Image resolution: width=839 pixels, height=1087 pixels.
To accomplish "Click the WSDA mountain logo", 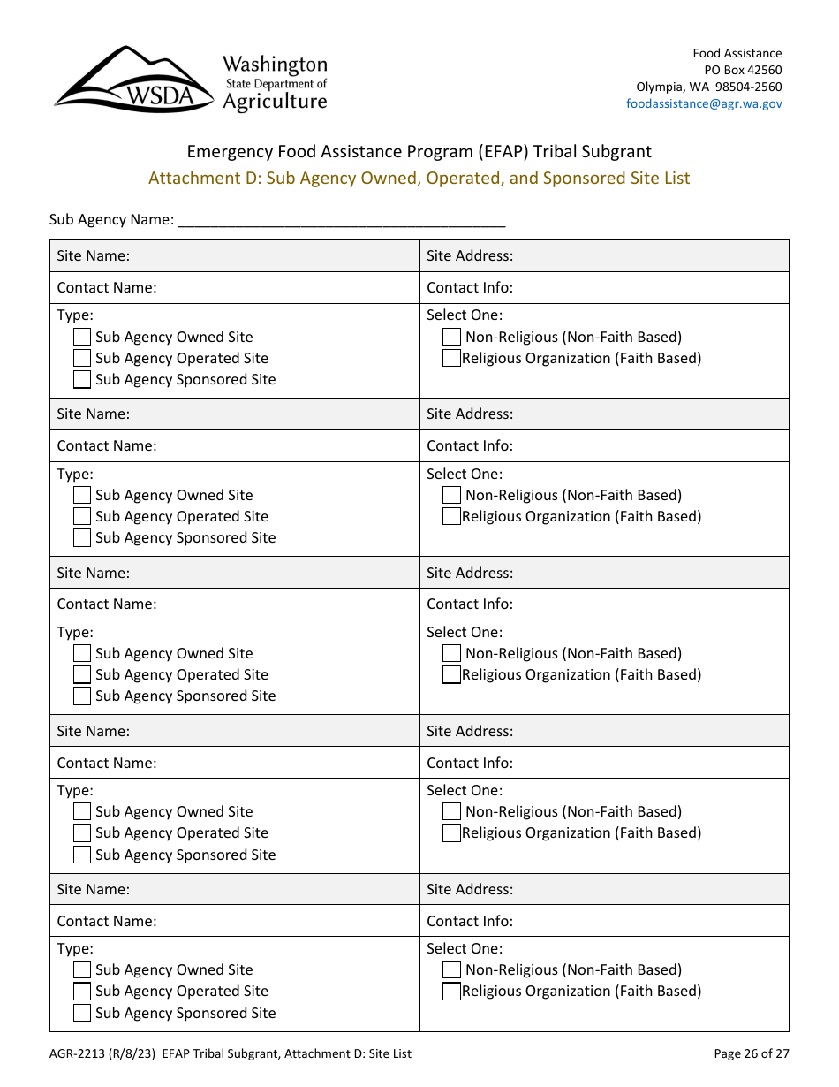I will tap(132, 80).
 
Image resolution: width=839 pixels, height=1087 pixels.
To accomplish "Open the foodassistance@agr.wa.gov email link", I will tap(704, 103).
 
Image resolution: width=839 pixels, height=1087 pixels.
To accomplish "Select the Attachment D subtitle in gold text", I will tap(419, 178).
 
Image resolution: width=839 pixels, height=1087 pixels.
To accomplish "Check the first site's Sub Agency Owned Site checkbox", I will tap(82, 337).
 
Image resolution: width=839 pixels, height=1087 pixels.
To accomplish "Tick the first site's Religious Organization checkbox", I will tap(451, 358).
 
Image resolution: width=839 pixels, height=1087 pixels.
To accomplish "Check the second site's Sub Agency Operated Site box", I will tap(82, 516).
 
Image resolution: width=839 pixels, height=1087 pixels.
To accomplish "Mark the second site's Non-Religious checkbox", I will tap(451, 495).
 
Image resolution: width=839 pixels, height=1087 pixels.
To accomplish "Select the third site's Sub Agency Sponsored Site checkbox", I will tap(82, 696).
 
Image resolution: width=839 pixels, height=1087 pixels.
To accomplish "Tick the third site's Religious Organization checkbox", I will tap(451, 674).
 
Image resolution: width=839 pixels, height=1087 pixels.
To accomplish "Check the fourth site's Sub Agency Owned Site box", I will tap(82, 811).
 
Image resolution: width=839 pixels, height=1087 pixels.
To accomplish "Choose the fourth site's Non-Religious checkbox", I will tap(451, 811).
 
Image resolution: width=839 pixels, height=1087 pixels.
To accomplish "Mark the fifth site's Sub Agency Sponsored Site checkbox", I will tap(82, 1013).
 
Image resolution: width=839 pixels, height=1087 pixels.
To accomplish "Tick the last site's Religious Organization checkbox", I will tap(451, 991).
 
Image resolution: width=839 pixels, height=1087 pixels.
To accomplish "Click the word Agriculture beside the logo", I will tap(275, 102).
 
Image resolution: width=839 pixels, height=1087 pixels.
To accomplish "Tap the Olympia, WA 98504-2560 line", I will tap(708, 87).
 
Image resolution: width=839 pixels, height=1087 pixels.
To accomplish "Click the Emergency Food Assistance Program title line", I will tap(419, 151).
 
